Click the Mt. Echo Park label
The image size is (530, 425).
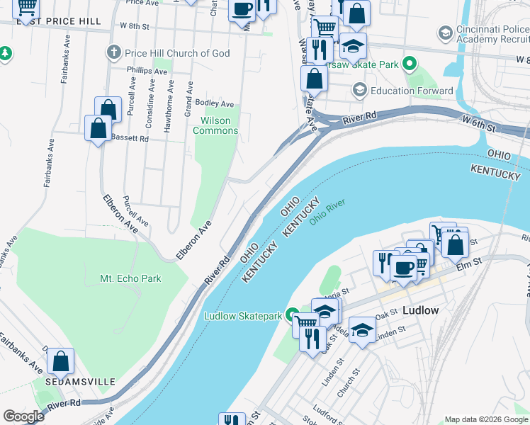pos(130,278)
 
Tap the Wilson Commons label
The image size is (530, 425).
pos(215,125)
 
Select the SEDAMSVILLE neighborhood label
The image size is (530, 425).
pos(80,382)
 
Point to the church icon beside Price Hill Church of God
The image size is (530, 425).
pos(113,53)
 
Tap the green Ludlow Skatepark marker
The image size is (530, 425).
pos(292,315)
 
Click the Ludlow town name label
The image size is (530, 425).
pos(421,310)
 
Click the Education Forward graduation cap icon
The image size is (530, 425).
pos(359,91)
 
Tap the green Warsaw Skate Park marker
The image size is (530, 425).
pos(409,65)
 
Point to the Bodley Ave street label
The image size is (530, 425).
pos(215,104)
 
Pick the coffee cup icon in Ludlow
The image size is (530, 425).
pos(403,268)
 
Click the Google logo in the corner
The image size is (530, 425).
pos(23,416)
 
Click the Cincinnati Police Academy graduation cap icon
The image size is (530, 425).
pos(445,33)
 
